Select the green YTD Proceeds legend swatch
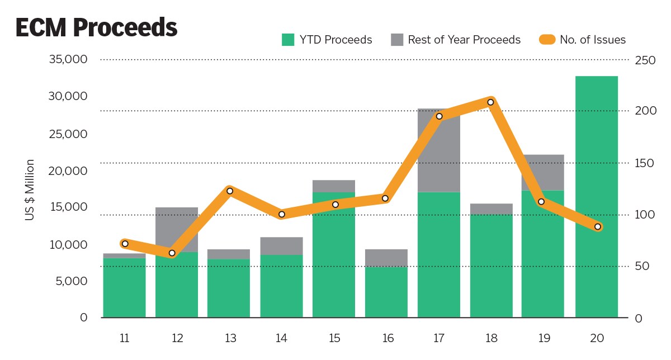pos(288,40)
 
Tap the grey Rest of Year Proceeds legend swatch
pos(397,40)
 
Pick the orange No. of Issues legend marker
pos(547,40)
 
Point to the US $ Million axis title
pos(30,190)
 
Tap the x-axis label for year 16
pos(386,338)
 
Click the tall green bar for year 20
pos(597,196)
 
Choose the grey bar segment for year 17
pos(439,150)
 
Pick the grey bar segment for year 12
pos(177,229)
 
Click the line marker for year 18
pos(490,102)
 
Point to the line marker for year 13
pos(229,191)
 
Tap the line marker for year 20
pos(598,226)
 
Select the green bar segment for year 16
pos(386,292)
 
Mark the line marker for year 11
pos(125,244)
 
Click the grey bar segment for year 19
pos(543,172)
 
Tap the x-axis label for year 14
pos(282,338)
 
